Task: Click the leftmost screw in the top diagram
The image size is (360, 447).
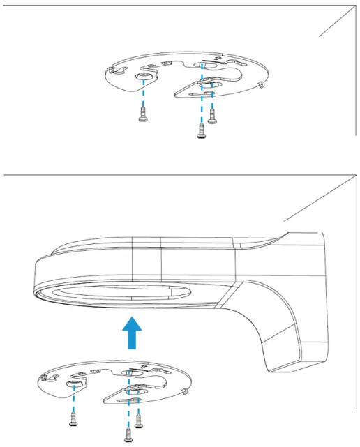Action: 143,113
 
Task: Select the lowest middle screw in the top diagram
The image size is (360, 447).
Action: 201,130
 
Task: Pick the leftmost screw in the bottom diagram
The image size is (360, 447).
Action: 73,418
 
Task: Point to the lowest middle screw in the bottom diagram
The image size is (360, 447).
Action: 128,434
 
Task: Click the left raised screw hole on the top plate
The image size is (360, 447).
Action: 144,74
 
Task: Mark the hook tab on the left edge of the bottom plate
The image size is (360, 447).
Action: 43,377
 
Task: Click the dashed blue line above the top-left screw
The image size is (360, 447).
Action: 144,92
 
